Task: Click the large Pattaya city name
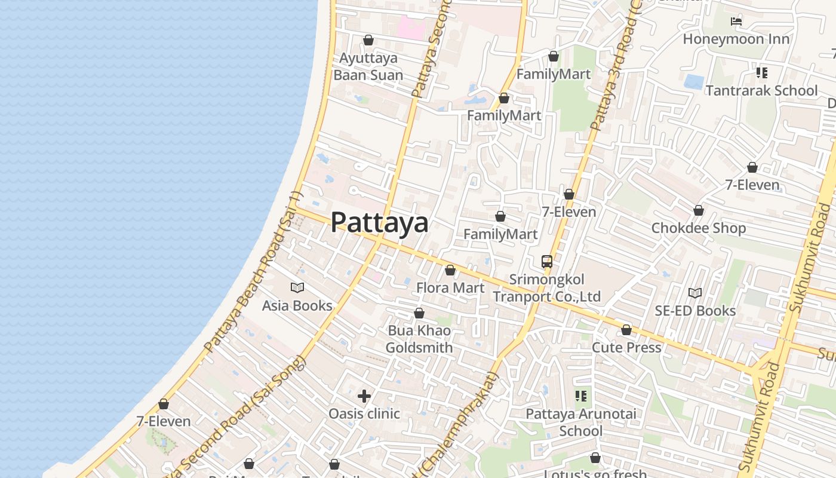click(379, 222)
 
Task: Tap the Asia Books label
click(297, 305)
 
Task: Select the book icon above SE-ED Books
click(695, 293)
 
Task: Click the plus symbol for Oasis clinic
click(364, 396)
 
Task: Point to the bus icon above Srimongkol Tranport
click(547, 262)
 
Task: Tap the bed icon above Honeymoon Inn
click(736, 22)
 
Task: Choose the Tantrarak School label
click(761, 91)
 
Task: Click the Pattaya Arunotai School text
click(580, 422)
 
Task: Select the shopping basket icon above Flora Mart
click(450, 271)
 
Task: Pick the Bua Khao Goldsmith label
click(419, 339)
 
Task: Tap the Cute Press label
click(626, 347)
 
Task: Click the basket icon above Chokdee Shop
click(699, 211)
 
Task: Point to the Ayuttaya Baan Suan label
click(368, 66)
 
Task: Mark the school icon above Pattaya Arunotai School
click(581, 396)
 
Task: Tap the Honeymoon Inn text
click(736, 39)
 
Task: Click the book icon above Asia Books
click(297, 288)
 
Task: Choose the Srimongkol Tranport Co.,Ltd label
click(546, 288)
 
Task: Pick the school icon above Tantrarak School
click(761, 73)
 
